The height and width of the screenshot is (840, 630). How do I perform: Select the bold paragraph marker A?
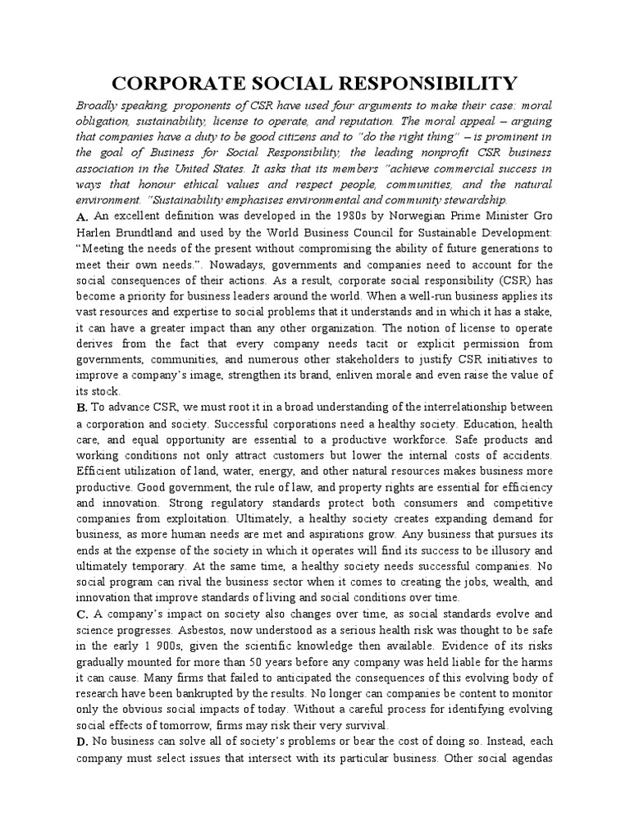tap(81, 217)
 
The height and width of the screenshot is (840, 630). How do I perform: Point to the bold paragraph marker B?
tap(81, 407)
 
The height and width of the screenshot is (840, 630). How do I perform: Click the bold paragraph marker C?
tap(81, 614)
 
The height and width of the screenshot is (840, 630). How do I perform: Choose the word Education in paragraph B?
tap(489, 423)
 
